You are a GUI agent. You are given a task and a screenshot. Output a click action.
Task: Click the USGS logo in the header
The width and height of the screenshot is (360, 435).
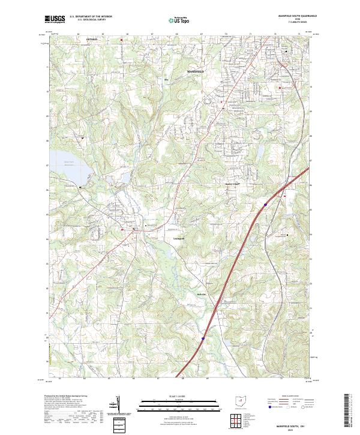click(x=55, y=19)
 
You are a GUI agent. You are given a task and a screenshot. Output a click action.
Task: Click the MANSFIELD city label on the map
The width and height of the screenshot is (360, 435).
click(x=196, y=71)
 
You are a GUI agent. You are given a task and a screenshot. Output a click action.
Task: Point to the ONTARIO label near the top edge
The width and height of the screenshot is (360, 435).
click(x=91, y=40)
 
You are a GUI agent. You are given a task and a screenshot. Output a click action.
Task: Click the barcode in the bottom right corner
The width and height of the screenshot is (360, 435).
click(x=352, y=410)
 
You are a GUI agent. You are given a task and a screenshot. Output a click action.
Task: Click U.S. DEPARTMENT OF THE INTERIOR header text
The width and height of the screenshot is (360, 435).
click(x=90, y=16)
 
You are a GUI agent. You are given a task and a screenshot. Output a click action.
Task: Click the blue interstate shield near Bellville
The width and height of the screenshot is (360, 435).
click(x=202, y=339)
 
